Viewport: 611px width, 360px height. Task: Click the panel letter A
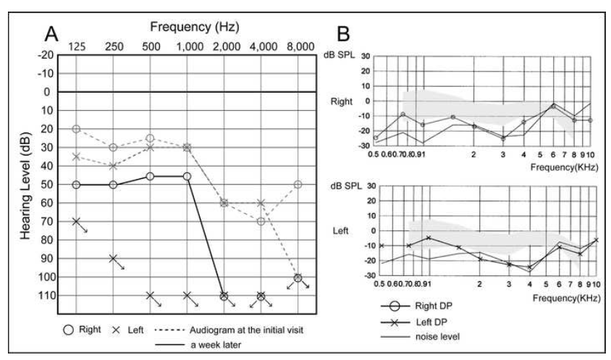click(x=51, y=32)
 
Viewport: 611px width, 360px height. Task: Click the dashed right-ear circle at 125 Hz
click(x=76, y=129)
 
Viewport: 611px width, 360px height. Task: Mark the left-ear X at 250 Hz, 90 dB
click(x=113, y=259)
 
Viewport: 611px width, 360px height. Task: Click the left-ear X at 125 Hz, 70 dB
click(x=76, y=221)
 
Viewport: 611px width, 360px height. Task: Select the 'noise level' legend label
click(x=434, y=336)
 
